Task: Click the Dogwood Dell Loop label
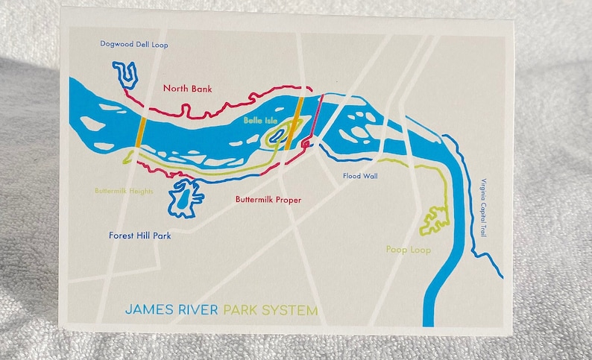click(x=134, y=45)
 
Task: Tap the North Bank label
click(x=187, y=89)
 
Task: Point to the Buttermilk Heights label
click(x=125, y=192)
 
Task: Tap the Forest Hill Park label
click(x=140, y=236)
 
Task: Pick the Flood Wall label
click(x=360, y=177)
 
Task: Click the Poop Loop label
click(x=408, y=250)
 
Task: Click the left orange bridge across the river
click(x=139, y=134)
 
